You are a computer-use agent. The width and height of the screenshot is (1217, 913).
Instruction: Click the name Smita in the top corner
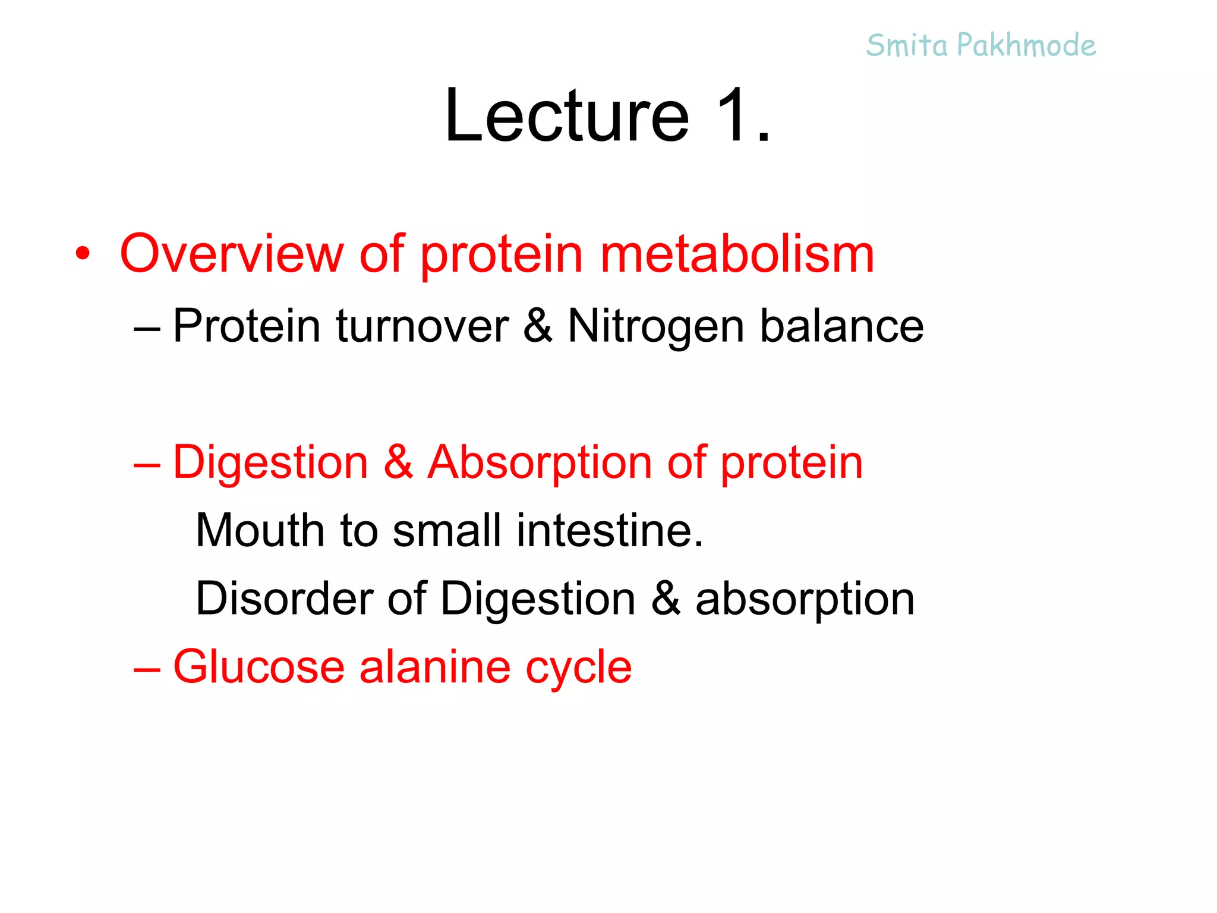pyautogui.click(x=907, y=46)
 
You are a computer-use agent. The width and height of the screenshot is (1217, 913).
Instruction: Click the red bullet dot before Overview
pyautogui.click(x=83, y=254)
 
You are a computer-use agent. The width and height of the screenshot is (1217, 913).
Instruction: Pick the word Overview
pyautogui.click(x=232, y=254)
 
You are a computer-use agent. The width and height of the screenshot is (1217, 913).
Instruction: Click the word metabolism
pyautogui.click(x=737, y=254)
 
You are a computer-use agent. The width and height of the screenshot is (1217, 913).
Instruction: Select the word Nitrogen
pyautogui.click(x=656, y=326)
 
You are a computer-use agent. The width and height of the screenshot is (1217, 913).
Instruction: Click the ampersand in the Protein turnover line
pyautogui.click(x=538, y=326)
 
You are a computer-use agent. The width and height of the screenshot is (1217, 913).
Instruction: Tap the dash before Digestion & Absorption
pyautogui.click(x=147, y=464)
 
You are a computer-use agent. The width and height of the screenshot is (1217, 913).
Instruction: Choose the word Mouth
pyautogui.click(x=260, y=530)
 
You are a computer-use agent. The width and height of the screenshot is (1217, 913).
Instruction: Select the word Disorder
pyautogui.click(x=284, y=599)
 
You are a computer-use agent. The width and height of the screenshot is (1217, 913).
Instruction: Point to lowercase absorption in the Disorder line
pyautogui.click(x=805, y=599)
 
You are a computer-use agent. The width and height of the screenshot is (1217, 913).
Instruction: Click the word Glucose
pyautogui.click(x=259, y=667)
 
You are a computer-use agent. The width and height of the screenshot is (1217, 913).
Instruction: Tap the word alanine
pyautogui.click(x=435, y=667)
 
